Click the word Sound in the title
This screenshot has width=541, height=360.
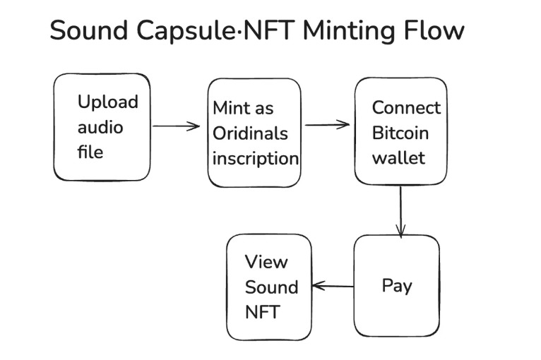88,31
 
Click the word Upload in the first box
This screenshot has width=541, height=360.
107,102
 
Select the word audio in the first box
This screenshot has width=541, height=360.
100,127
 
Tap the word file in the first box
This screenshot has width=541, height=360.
90,152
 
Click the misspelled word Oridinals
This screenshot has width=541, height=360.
250,133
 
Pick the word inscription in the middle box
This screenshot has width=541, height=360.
256,158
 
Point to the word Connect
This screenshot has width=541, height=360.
406,108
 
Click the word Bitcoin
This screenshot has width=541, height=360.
400,133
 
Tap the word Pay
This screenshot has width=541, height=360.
396,286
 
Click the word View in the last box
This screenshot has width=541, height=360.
266,262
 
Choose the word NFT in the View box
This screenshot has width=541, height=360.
262,311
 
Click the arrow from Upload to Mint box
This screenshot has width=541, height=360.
176,126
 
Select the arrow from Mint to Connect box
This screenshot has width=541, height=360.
327,126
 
